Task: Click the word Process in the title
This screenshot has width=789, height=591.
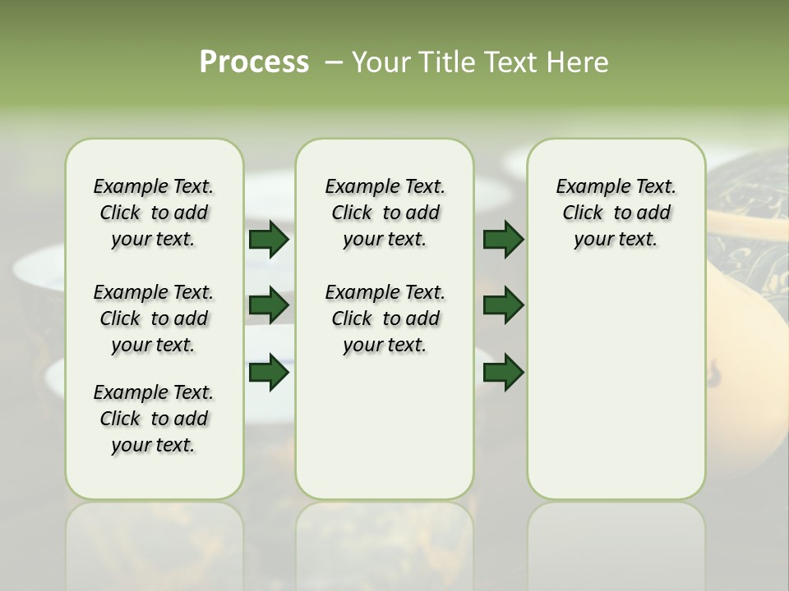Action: (x=254, y=62)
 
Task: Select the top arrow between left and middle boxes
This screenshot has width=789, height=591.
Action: (x=269, y=239)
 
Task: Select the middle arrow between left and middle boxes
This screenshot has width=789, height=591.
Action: (x=269, y=306)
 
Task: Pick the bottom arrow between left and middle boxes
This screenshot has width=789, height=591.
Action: (x=269, y=373)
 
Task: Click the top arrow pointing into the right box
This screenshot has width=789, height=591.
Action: (x=503, y=239)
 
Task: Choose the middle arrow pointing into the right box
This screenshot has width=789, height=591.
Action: (x=503, y=306)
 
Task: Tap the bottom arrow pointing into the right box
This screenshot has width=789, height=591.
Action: (x=503, y=373)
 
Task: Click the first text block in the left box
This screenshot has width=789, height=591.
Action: (x=154, y=213)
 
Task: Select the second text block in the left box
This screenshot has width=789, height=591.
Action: (x=154, y=318)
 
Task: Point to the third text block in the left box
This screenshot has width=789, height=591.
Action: (x=154, y=419)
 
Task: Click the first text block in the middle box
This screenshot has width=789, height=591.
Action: (x=385, y=213)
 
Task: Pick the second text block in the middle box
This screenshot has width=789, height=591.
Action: (x=385, y=318)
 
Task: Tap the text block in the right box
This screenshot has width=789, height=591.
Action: (x=616, y=213)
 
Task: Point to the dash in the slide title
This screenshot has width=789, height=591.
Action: (x=334, y=63)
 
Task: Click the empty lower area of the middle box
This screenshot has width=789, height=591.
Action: (x=385, y=427)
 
